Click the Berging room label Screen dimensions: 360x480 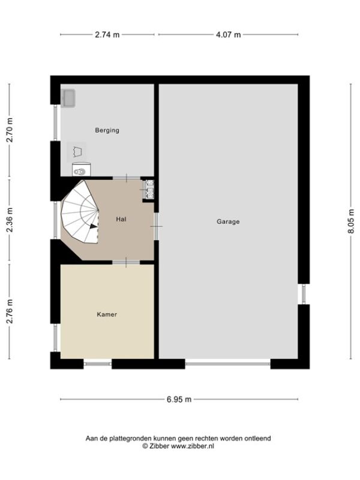point(107,130)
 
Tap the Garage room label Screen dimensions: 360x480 point(228,221)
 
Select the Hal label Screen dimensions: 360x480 point(121,219)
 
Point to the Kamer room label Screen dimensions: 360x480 point(107,314)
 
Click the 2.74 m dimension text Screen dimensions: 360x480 point(107,35)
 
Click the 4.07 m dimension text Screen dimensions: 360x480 point(229,35)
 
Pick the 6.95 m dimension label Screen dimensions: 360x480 point(179,400)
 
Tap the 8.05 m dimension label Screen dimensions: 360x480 point(351,221)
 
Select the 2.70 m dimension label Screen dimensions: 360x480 point(10,130)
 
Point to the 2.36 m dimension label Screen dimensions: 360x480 point(10,220)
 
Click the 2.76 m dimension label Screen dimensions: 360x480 point(10,311)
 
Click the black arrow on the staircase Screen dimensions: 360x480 point(94,226)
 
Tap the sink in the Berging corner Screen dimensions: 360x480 point(68,98)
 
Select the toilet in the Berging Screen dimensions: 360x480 point(82,170)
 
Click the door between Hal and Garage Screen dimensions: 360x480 point(157,227)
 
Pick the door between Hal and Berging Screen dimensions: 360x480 point(127,178)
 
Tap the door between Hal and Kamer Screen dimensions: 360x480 point(126,262)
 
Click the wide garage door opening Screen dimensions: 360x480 point(228,364)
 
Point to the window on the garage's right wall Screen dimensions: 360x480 point(304,294)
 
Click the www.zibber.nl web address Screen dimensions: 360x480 point(192,446)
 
